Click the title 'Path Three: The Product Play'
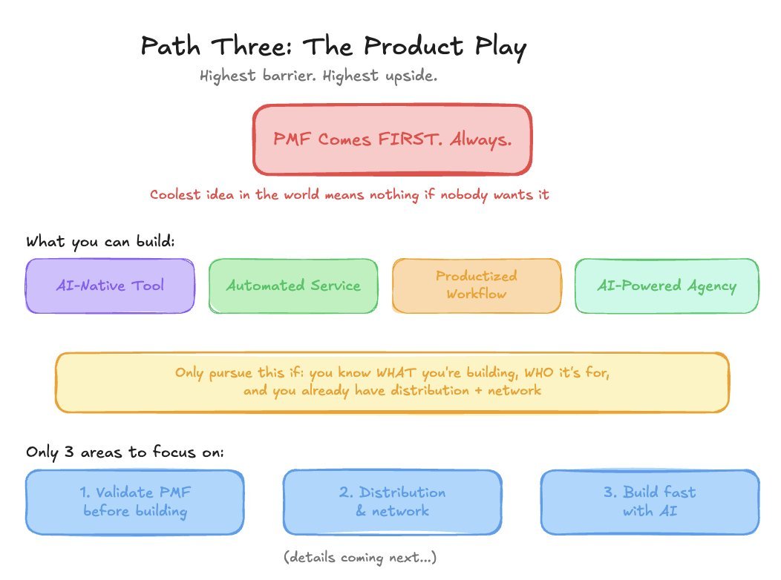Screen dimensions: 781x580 (333, 47)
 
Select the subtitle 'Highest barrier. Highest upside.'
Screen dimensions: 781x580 (318, 76)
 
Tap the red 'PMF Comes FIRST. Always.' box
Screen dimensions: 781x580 (393, 139)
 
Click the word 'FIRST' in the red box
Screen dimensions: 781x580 (409, 139)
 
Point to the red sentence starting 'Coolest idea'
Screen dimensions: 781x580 (349, 194)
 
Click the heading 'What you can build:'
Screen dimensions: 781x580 (100, 242)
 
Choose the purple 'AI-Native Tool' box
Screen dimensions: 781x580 (110, 286)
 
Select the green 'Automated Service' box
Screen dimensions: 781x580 (293, 286)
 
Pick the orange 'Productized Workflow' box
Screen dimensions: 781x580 (477, 286)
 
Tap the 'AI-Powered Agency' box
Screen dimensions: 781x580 (667, 286)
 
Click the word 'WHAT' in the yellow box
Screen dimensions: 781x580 (396, 372)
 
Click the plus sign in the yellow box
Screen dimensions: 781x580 (478, 391)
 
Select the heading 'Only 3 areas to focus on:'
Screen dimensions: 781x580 (125, 452)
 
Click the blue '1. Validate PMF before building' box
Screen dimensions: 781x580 (135, 502)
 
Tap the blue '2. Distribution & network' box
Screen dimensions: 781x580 (393, 502)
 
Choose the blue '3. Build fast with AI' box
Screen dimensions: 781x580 (650, 502)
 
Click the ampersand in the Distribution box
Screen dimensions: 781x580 (361, 511)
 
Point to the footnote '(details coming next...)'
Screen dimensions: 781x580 (360, 557)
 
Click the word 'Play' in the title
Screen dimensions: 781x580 (500, 47)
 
